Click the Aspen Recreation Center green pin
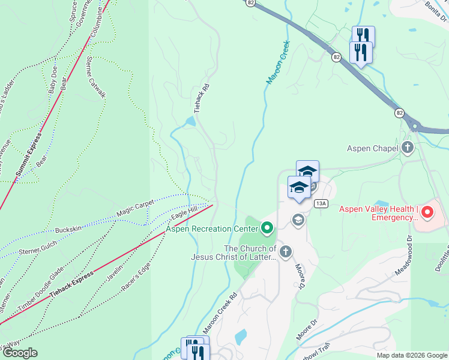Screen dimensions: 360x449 click(x=267, y=227)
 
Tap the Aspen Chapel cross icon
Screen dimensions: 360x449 click(x=408, y=148)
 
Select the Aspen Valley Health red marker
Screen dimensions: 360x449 click(x=427, y=212)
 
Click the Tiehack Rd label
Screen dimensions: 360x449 click(x=202, y=97)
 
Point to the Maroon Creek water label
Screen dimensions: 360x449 click(x=277, y=62)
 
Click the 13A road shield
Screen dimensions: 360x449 click(x=321, y=203)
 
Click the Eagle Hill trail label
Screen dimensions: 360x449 click(x=184, y=212)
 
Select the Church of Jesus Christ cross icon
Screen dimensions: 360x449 click(x=285, y=251)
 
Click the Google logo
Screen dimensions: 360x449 click(x=19, y=353)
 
